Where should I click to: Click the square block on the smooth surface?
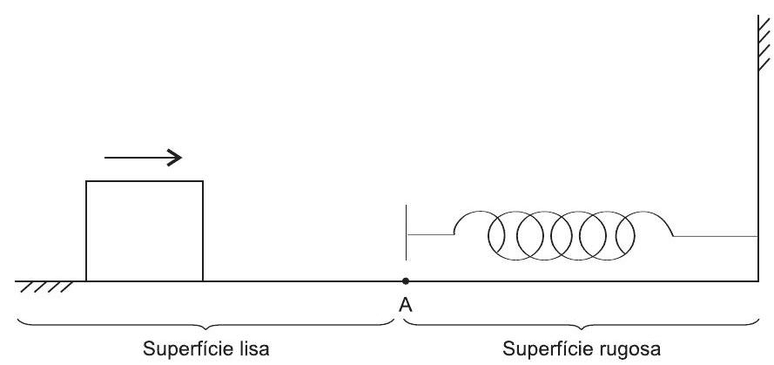pyautogui.click(x=144, y=231)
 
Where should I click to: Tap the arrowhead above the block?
pyautogui.click(x=176, y=158)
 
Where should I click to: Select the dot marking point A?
pyautogui.click(x=406, y=281)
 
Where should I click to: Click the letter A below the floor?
pyautogui.click(x=406, y=306)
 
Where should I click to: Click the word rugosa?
pyautogui.click(x=638, y=348)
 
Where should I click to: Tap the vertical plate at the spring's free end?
pyautogui.click(x=407, y=233)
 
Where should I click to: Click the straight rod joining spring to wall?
pyautogui.click(x=716, y=235)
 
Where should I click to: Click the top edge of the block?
pyautogui.click(x=144, y=181)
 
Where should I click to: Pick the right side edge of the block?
pyautogui.click(x=203, y=231)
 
